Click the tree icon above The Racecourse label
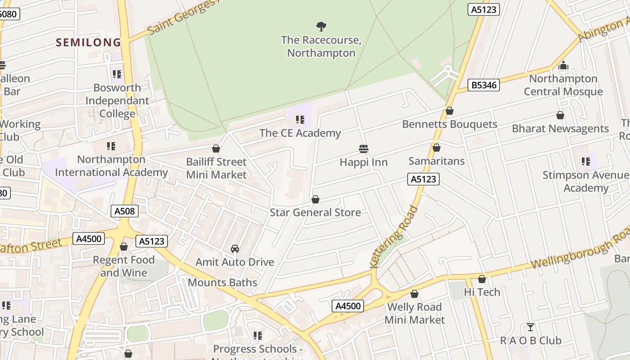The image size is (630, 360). pyautogui.click(x=321, y=27)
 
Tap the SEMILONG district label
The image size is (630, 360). pyautogui.click(x=88, y=42)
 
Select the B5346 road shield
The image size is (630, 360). pyautogui.click(x=484, y=85)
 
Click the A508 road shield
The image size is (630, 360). pyautogui.click(x=124, y=211)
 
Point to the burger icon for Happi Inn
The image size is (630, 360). pyautogui.click(x=364, y=148)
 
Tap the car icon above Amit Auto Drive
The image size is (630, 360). pyautogui.click(x=234, y=249)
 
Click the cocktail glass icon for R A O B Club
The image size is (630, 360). pyautogui.click(x=531, y=327)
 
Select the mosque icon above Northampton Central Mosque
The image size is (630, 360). pyautogui.click(x=563, y=66)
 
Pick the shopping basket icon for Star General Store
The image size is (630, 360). pyautogui.click(x=315, y=199)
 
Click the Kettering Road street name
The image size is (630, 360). pyautogui.click(x=394, y=237)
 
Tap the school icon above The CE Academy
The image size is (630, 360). pyautogui.click(x=300, y=120)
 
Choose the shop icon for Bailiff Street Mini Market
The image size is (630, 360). pyautogui.click(x=216, y=148)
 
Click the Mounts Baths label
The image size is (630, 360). pyautogui.click(x=222, y=283)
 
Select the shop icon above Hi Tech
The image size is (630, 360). pyautogui.click(x=482, y=279)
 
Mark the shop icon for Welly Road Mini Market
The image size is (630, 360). pyautogui.click(x=414, y=294)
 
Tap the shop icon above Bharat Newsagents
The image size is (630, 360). pyautogui.click(x=560, y=116)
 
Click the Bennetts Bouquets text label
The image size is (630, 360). pyautogui.click(x=450, y=124)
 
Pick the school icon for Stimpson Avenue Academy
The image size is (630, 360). pyautogui.click(x=585, y=161)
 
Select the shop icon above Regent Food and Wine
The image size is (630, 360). pyautogui.click(x=124, y=247)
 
